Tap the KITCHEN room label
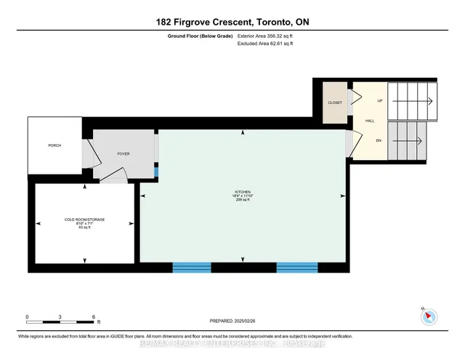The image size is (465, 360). [243, 191]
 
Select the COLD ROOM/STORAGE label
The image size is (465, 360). [85, 219]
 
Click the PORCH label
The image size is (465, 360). [54, 145]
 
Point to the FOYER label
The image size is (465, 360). [123, 154]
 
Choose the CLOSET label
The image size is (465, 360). [335, 103]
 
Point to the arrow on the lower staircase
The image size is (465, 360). [411, 140]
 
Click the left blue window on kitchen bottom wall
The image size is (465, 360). [191, 267]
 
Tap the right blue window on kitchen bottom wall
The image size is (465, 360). [297, 267]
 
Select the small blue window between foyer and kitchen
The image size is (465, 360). [156, 174]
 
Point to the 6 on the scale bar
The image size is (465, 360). [94, 317]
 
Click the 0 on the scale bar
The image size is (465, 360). [27, 317]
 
